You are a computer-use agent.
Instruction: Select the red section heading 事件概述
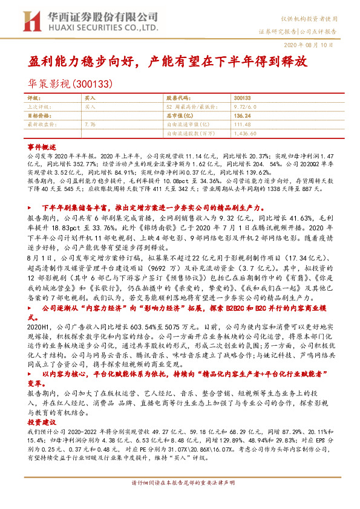[41, 146]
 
